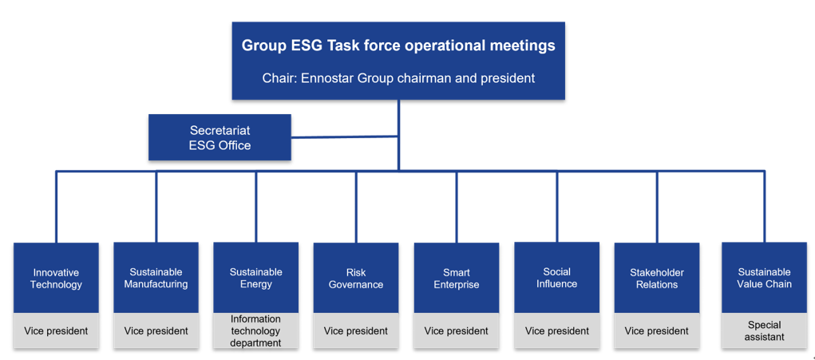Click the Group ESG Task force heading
click(x=398, y=45)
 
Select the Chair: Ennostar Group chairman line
click(x=398, y=78)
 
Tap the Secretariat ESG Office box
click(x=220, y=137)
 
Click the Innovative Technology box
click(x=56, y=278)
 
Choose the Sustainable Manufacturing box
click(x=156, y=278)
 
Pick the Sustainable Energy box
click(x=255, y=278)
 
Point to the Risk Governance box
click(x=356, y=278)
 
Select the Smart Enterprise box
click(x=457, y=278)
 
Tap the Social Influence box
click(x=556, y=278)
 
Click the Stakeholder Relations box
click(x=657, y=278)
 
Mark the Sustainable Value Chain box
click(x=764, y=278)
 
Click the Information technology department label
click(x=255, y=331)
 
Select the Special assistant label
click(x=764, y=331)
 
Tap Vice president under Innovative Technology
click(x=56, y=331)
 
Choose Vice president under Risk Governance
click(x=356, y=331)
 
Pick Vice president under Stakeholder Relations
click(x=657, y=331)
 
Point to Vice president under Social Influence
click(x=556, y=331)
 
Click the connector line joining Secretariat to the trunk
click(x=345, y=137)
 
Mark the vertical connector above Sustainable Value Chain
click(x=764, y=206)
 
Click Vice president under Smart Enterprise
click(x=457, y=331)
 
